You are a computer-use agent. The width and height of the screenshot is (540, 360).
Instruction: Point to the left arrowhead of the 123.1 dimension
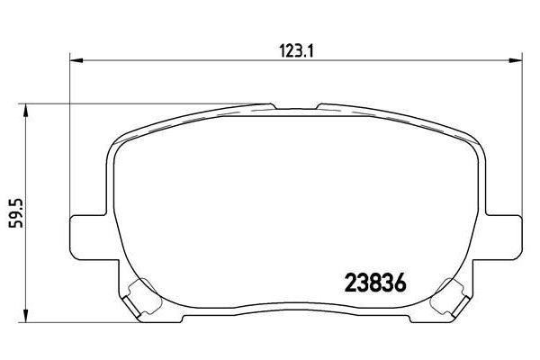click(76, 60)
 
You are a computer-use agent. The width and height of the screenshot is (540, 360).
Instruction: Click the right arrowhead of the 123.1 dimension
click(512, 60)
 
